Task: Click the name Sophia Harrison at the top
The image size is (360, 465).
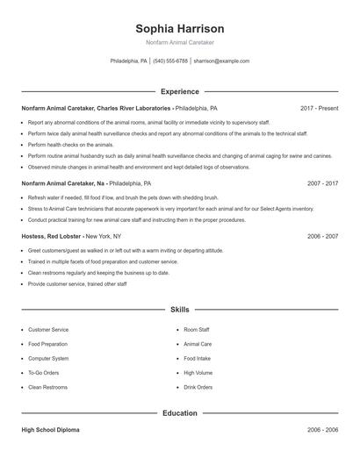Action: (179, 28)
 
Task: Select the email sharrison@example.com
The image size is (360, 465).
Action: (221, 61)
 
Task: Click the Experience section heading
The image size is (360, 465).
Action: (179, 91)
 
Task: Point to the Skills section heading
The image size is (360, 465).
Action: (179, 310)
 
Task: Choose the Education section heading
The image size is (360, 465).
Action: (179, 412)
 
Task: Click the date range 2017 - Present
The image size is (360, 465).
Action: (319, 108)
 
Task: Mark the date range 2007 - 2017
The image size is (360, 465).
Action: (322, 184)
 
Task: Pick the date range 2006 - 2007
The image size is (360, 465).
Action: (322, 236)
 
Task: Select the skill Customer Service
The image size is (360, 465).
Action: (48, 330)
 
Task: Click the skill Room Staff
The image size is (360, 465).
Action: (196, 330)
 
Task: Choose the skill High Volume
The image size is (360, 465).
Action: (198, 373)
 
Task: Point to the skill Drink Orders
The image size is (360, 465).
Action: (198, 387)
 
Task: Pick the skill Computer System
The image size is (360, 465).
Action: (48, 359)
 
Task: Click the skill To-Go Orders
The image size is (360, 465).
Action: (45, 373)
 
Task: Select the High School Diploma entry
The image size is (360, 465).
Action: (52, 431)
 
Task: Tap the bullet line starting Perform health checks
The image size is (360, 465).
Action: (70, 144)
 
